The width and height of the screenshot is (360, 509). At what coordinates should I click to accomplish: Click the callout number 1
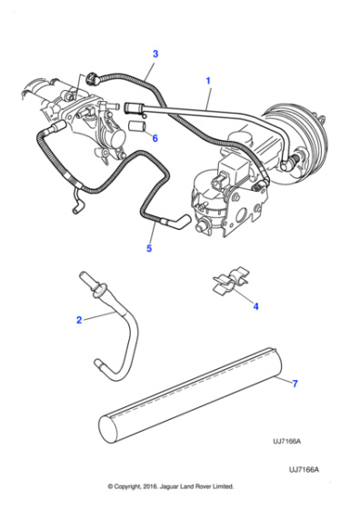[x=208, y=81]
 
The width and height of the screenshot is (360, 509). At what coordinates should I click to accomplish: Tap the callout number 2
[x=79, y=319]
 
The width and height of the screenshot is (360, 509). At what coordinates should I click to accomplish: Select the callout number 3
[x=155, y=54]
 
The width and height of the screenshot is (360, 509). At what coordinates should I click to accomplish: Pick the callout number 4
[x=255, y=306]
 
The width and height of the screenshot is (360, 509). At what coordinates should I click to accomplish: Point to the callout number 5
[x=151, y=245]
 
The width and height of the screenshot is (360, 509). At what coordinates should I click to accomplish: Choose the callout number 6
[x=155, y=138]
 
